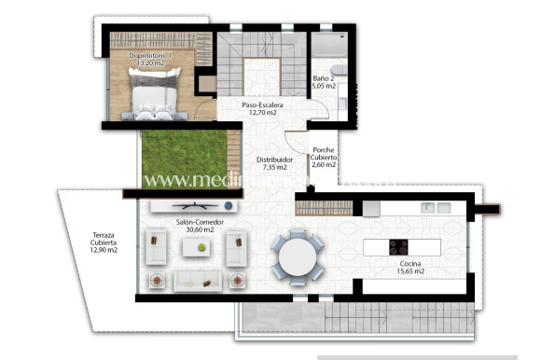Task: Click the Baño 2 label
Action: click(323, 77)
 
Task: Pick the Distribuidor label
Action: click(275, 160)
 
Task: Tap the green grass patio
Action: click(178, 158)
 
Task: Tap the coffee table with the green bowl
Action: click(198, 247)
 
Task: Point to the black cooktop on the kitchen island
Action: click(399, 247)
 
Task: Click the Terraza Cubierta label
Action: click(104, 240)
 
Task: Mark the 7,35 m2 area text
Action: click(275, 169)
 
